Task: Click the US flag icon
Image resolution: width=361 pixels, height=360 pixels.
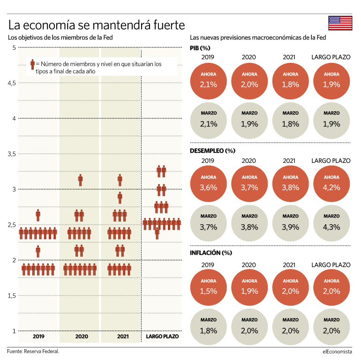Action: tap(340, 23)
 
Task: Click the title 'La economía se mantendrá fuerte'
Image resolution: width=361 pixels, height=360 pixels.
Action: tap(97, 24)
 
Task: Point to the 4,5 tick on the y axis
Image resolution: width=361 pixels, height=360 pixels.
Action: tap(11, 83)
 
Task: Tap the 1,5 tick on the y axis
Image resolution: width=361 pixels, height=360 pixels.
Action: tap(11, 296)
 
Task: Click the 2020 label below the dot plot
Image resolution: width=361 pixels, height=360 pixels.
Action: tap(81, 337)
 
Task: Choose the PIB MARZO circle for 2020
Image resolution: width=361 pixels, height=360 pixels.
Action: tap(249, 121)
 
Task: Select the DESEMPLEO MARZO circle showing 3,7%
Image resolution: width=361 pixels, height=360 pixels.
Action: tap(208, 224)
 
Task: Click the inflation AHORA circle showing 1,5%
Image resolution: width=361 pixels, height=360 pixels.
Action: tap(208, 287)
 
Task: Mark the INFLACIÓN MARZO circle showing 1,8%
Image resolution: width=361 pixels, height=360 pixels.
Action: tap(208, 326)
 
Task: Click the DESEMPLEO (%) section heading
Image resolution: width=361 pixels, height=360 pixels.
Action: tap(212, 151)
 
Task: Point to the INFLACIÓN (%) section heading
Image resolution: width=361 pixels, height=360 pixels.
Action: tap(211, 253)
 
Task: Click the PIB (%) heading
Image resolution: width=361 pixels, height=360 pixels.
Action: tap(200, 48)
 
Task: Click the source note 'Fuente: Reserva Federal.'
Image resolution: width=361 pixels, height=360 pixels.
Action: tap(33, 351)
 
